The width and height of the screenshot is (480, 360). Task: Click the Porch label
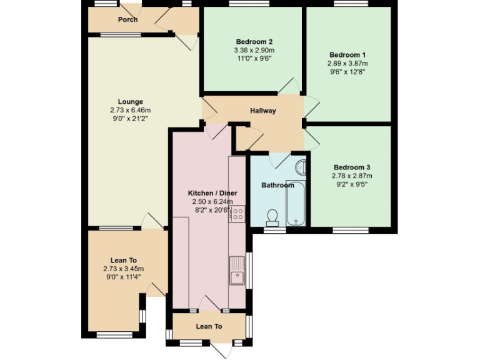[127, 19]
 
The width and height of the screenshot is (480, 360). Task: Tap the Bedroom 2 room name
[254, 41]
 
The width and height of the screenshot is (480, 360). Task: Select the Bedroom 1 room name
[347, 54]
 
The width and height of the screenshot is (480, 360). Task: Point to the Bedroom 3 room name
[352, 167]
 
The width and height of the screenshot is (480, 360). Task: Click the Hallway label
[263, 111]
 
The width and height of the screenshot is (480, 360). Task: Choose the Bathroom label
[277, 185]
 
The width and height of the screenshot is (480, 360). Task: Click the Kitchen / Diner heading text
[211, 193]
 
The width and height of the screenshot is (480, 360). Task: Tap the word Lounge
[131, 102]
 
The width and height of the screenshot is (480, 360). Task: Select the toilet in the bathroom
[272, 217]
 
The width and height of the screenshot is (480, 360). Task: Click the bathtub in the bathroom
[296, 203]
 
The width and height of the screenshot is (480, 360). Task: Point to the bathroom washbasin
[301, 167]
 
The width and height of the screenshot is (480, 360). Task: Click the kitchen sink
[237, 274]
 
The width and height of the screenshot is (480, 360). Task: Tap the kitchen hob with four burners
[237, 214]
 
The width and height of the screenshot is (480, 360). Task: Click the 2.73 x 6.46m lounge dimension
[131, 110]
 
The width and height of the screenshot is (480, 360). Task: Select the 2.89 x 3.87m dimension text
[347, 63]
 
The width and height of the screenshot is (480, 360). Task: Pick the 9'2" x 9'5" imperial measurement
[352, 184]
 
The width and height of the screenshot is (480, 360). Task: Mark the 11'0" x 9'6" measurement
[254, 59]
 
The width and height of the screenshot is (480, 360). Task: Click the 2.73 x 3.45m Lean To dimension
[124, 269]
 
